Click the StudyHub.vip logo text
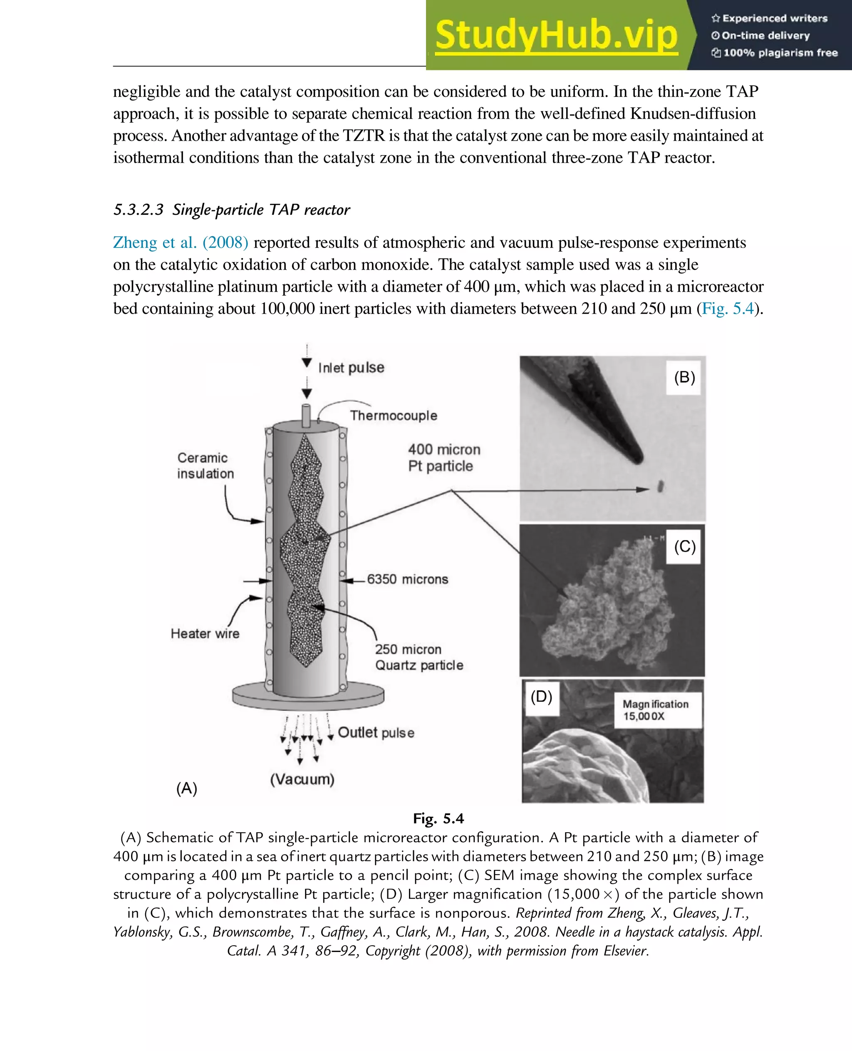[556, 35]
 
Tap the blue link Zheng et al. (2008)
[181, 243]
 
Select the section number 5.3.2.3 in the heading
[139, 210]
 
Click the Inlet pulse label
[351, 368]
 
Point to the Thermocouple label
[393, 415]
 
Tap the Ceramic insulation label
[205, 465]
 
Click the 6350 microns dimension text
[407, 579]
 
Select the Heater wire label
[205, 633]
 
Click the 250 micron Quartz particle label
[419, 657]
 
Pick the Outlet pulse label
[376, 732]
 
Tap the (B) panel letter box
[684, 377]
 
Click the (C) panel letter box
[684, 546]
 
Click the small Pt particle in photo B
[661, 486]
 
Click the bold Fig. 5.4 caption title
[438, 818]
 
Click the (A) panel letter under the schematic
[186, 788]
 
